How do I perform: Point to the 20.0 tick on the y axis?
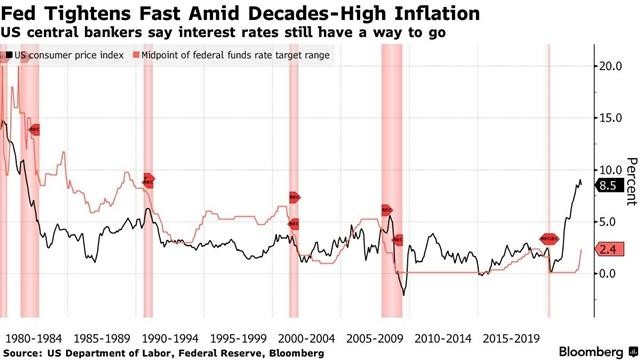(611, 66)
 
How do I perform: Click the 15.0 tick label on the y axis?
(611, 118)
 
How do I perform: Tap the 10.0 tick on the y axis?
(611, 169)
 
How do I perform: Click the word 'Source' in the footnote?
(22, 352)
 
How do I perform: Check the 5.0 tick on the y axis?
(611, 221)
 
